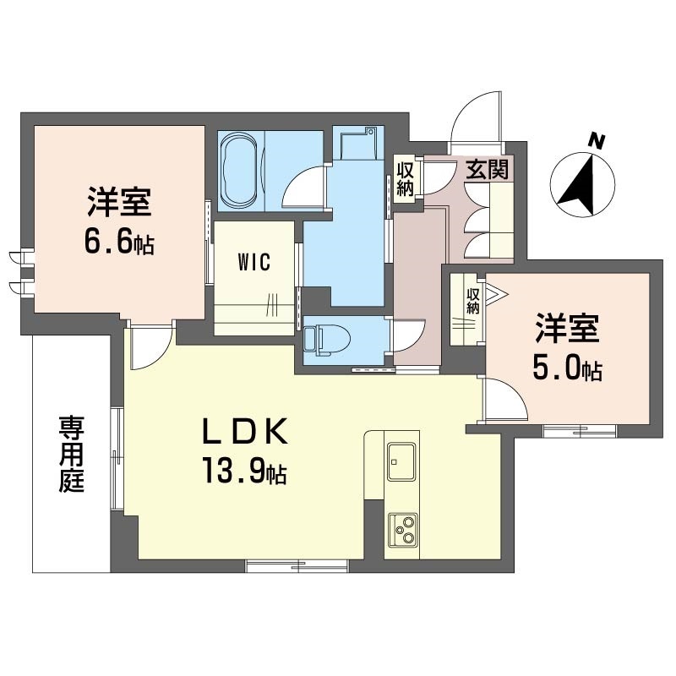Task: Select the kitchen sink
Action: click(x=401, y=461)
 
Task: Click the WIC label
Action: click(x=253, y=262)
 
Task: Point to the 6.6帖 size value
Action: click(x=118, y=243)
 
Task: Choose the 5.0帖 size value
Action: click(x=567, y=369)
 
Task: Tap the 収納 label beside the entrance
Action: click(x=405, y=178)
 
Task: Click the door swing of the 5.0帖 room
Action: click(x=504, y=400)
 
